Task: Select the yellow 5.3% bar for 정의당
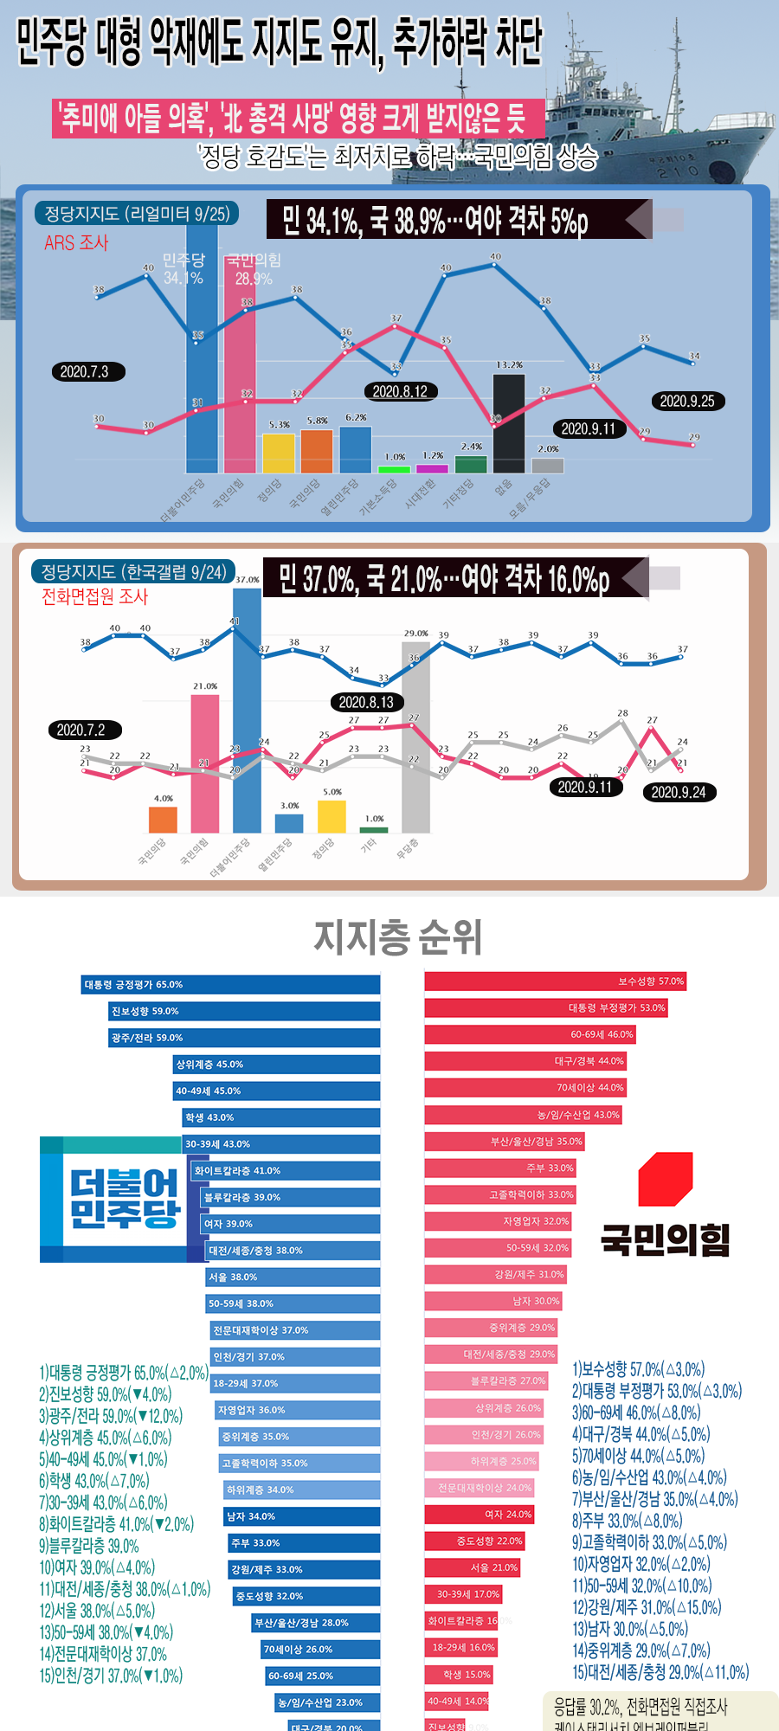pyautogui.click(x=279, y=453)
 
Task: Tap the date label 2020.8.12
pyautogui.click(x=400, y=391)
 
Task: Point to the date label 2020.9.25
pyautogui.click(x=687, y=401)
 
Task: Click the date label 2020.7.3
pyautogui.click(x=85, y=371)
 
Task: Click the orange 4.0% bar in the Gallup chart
pyautogui.click(x=163, y=819)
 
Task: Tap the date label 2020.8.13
pyautogui.click(x=366, y=702)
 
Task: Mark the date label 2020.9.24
pyautogui.click(x=679, y=792)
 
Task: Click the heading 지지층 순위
pyautogui.click(x=397, y=937)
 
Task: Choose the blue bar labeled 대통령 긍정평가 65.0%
pyautogui.click(x=231, y=984)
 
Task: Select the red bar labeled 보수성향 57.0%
pyautogui.click(x=555, y=981)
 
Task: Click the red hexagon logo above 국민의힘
pyautogui.click(x=665, y=1179)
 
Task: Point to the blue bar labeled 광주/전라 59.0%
pyautogui.click(x=245, y=1038)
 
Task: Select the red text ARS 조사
pyautogui.click(x=76, y=243)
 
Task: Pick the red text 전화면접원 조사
pyautogui.click(x=95, y=596)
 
